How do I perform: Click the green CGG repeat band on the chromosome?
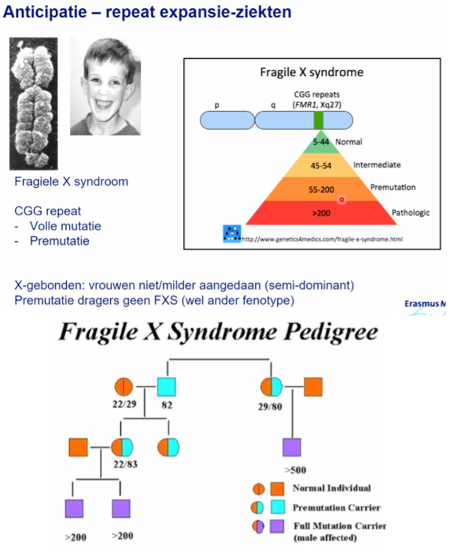(318, 120)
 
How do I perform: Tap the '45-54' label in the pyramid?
(320, 165)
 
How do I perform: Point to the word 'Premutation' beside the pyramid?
(393, 187)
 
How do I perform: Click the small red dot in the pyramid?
(341, 199)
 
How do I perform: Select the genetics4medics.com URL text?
(322, 239)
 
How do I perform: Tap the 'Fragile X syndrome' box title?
(311, 72)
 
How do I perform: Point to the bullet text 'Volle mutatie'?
(65, 227)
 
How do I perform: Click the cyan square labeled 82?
(166, 387)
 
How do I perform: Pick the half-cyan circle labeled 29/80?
(271, 387)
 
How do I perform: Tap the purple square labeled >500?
(292, 448)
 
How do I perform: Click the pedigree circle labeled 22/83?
(122, 448)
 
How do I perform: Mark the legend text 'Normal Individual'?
(331, 488)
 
